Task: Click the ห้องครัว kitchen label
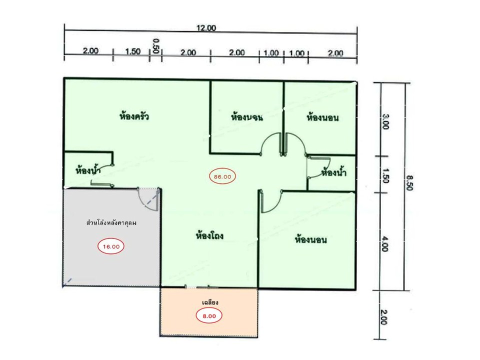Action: point(134,116)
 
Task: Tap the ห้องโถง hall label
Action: point(209,235)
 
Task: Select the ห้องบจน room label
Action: point(246,117)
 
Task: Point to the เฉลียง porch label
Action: point(210,302)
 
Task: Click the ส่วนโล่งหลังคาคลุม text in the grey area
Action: point(111,222)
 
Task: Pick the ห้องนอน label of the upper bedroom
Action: point(322,117)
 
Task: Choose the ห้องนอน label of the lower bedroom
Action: point(310,239)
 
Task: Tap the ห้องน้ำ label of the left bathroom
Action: point(88,170)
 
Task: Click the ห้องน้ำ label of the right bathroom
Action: point(333,172)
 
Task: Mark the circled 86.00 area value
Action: point(222,176)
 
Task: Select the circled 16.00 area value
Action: point(111,246)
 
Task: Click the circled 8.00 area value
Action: point(209,316)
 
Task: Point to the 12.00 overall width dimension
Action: point(206,28)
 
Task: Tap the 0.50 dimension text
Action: point(156,46)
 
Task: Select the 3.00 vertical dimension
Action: point(385,121)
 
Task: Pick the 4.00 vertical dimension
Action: point(385,243)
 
